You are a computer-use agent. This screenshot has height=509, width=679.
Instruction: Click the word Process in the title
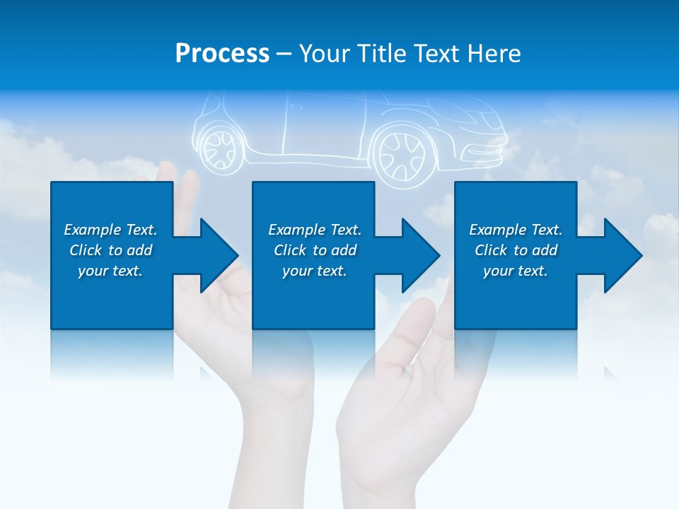point(222,54)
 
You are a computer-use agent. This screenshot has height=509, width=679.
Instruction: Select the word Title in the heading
point(379,54)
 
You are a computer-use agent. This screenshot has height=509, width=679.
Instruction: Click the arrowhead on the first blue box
point(214,255)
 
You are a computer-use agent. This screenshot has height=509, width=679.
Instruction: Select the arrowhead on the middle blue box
point(416,255)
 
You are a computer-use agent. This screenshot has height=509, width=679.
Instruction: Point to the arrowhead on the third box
point(618,255)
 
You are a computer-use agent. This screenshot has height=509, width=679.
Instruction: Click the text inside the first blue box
point(111,250)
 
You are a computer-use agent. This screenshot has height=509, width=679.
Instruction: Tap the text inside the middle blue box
point(314,250)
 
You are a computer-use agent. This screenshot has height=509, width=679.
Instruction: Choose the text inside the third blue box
point(516,250)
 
